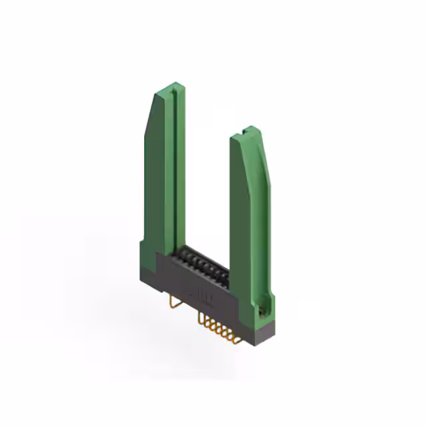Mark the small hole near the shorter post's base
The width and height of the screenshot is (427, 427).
coord(262,310)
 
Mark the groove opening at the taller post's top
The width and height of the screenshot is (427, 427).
coord(172,89)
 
